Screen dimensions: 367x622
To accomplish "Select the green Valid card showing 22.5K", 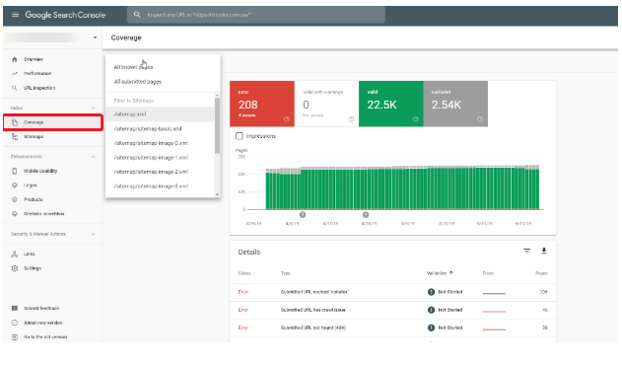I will [390, 104].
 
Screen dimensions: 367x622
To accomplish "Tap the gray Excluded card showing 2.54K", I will [454, 104].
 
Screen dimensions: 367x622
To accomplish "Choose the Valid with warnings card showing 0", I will [326, 104].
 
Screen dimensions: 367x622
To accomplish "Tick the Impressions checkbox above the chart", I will [241, 135].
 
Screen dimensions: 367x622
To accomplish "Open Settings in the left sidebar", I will [33, 267].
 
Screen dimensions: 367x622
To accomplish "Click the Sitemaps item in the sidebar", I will [34, 137].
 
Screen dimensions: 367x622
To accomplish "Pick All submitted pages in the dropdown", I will [139, 82].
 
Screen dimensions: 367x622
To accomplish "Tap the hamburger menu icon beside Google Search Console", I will [15, 16].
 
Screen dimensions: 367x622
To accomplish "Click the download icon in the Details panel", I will [543, 251].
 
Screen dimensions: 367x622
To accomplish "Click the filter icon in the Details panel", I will [526, 251].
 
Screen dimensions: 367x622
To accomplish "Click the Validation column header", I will [439, 272].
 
